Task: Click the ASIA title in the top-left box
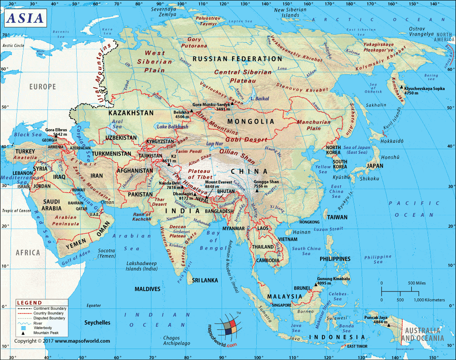coord(26,18)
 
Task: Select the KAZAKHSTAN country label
coord(131,112)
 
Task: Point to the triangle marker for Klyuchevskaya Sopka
coord(401,88)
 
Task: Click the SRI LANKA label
coord(203,280)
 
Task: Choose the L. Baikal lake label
coord(260,99)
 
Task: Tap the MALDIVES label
coord(147,289)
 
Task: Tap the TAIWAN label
coord(337,218)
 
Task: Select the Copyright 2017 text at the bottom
coord(62,341)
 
